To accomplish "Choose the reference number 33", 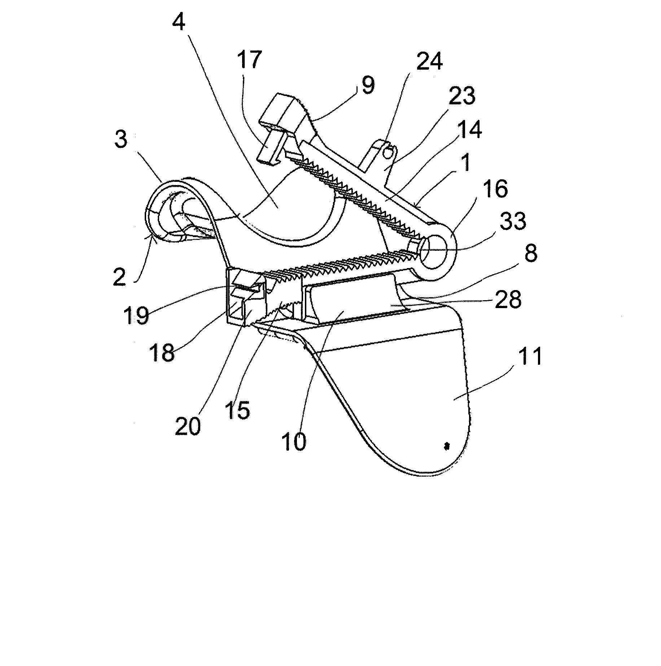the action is click(513, 221).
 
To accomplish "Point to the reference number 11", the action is click(531, 356).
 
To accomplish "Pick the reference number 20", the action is click(188, 427).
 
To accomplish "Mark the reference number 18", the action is click(163, 352).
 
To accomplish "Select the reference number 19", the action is click(136, 315).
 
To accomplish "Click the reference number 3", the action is click(121, 139).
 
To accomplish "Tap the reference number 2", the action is click(119, 277).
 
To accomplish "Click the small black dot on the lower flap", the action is click(447, 447).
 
